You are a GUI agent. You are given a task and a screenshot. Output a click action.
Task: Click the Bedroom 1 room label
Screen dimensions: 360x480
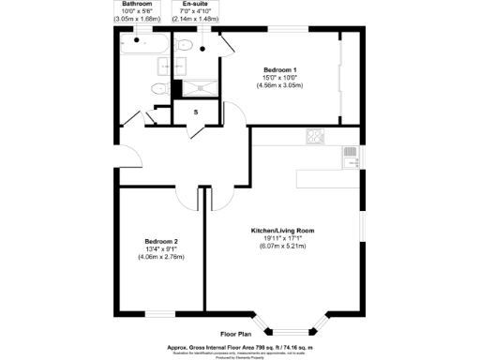(x=280, y=70)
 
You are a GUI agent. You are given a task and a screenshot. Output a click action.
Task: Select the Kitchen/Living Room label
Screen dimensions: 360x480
(x=281, y=231)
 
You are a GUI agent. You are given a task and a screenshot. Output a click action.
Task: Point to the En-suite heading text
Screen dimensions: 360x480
(x=196, y=5)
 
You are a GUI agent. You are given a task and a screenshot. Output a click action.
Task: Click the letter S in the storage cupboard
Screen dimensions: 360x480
(x=196, y=112)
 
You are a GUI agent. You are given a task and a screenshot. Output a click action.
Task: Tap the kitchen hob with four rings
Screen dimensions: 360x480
(x=314, y=137)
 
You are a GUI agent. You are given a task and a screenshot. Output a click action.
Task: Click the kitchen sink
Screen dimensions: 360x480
(x=351, y=157)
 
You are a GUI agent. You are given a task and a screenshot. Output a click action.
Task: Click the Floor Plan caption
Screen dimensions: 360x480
(x=236, y=334)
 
